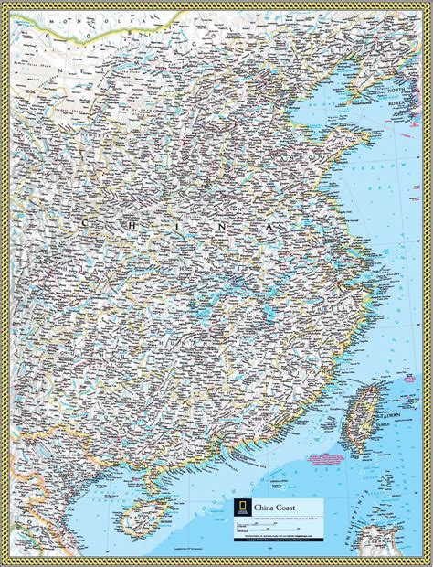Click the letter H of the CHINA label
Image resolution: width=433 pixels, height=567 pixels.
tap(129, 223)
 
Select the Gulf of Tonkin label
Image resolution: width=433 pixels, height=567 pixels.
tap(100, 498)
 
